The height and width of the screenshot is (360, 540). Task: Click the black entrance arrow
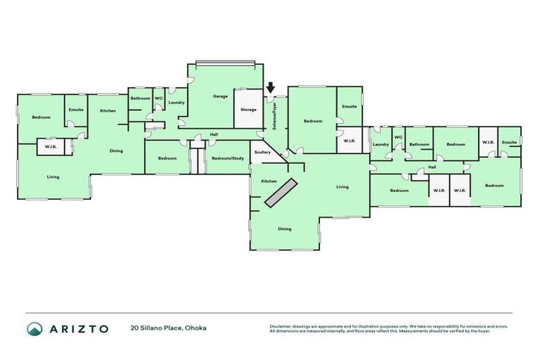(271, 88)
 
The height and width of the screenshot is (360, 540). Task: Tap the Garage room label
(220, 96)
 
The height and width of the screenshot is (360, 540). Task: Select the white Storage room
(248, 110)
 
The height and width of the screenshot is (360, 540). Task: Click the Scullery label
(263, 152)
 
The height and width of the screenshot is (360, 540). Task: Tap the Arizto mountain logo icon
(34, 328)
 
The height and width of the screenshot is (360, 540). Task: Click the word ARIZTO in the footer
(79, 328)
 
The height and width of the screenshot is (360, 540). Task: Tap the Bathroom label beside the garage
(140, 98)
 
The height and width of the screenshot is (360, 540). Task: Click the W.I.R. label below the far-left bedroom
(51, 147)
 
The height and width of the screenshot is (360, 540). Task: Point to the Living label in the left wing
(53, 177)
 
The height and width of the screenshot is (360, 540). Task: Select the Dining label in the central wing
(284, 229)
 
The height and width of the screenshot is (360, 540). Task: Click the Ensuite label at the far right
(510, 142)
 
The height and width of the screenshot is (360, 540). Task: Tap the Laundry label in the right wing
(380, 145)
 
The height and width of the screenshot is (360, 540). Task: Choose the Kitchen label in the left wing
(108, 110)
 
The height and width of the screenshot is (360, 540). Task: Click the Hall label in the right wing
(431, 167)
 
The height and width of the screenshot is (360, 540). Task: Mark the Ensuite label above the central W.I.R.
(349, 106)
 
